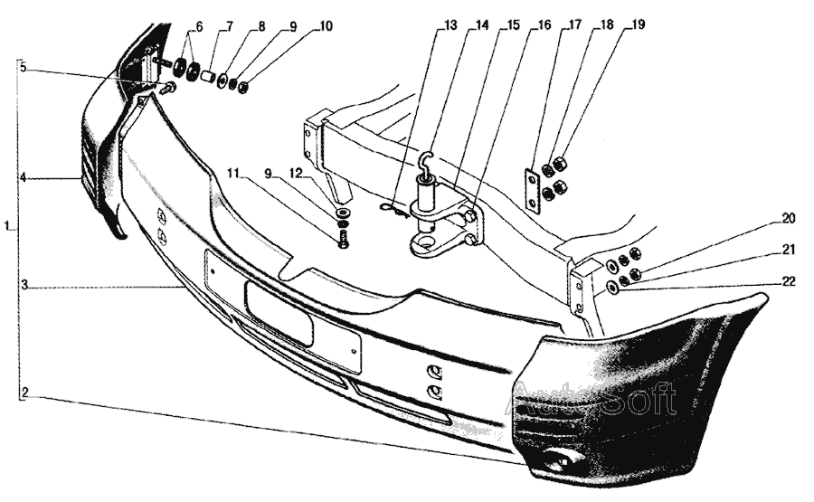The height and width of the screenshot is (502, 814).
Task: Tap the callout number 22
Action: click(x=789, y=281)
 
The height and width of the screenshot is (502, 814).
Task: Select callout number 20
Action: click(x=789, y=218)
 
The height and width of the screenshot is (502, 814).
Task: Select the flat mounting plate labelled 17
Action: click(x=533, y=188)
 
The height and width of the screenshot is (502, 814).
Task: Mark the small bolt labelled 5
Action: click(x=167, y=89)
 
